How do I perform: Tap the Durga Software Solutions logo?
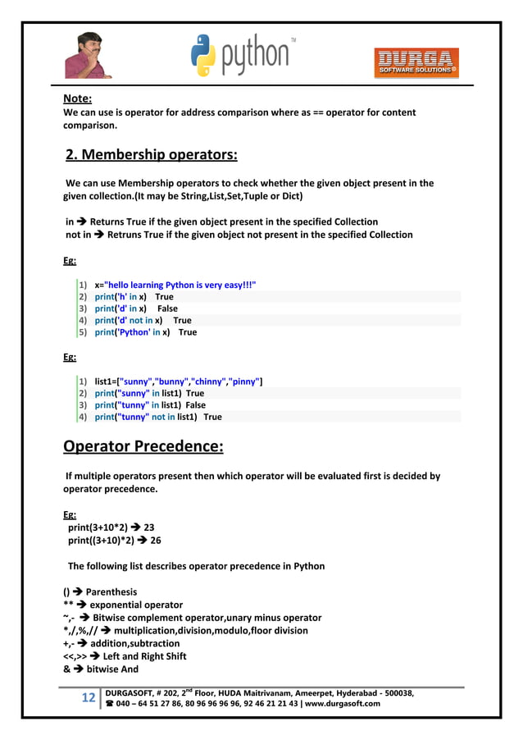point(416,61)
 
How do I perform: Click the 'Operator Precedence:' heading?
point(143,447)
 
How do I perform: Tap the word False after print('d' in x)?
point(167,308)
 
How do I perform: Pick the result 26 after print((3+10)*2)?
point(156,541)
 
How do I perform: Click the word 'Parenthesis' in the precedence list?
point(111,592)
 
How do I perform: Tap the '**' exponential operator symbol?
point(69,605)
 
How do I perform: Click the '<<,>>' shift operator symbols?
point(77,656)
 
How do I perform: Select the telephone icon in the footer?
point(109,704)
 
